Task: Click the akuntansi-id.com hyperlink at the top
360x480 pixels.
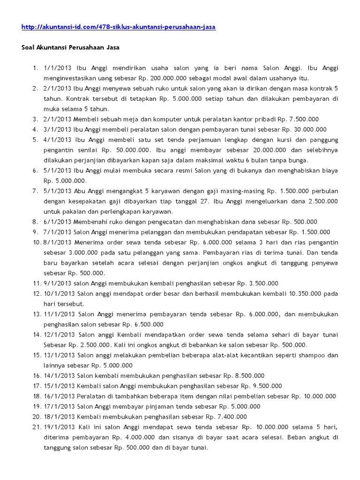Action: (x=119, y=27)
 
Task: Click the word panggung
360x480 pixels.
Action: (x=324, y=140)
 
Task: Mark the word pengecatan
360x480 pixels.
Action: (x=176, y=222)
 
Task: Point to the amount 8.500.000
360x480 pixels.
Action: (x=249, y=375)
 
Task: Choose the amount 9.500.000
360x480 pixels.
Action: (x=267, y=386)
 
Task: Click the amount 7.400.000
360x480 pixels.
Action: (x=231, y=417)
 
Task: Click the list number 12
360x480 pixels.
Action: (x=37, y=293)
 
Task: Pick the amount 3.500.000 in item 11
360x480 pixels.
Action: (x=263, y=283)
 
